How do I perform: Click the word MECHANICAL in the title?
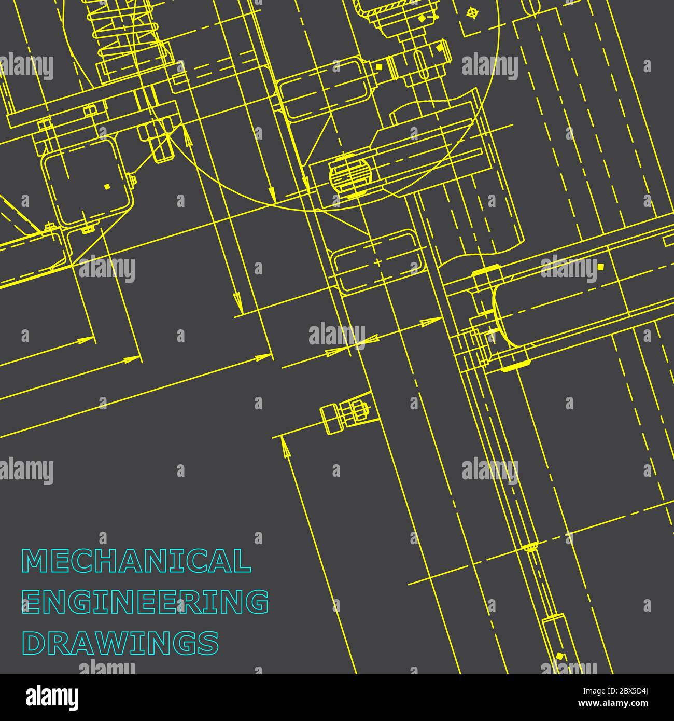click(136, 561)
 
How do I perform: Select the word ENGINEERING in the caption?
click(145, 602)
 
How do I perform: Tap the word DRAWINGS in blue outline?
click(120, 643)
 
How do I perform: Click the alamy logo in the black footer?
click(52, 698)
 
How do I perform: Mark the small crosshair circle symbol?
click(471, 12)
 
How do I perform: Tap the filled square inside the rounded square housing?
click(107, 186)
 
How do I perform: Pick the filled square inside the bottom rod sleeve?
click(558, 657)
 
